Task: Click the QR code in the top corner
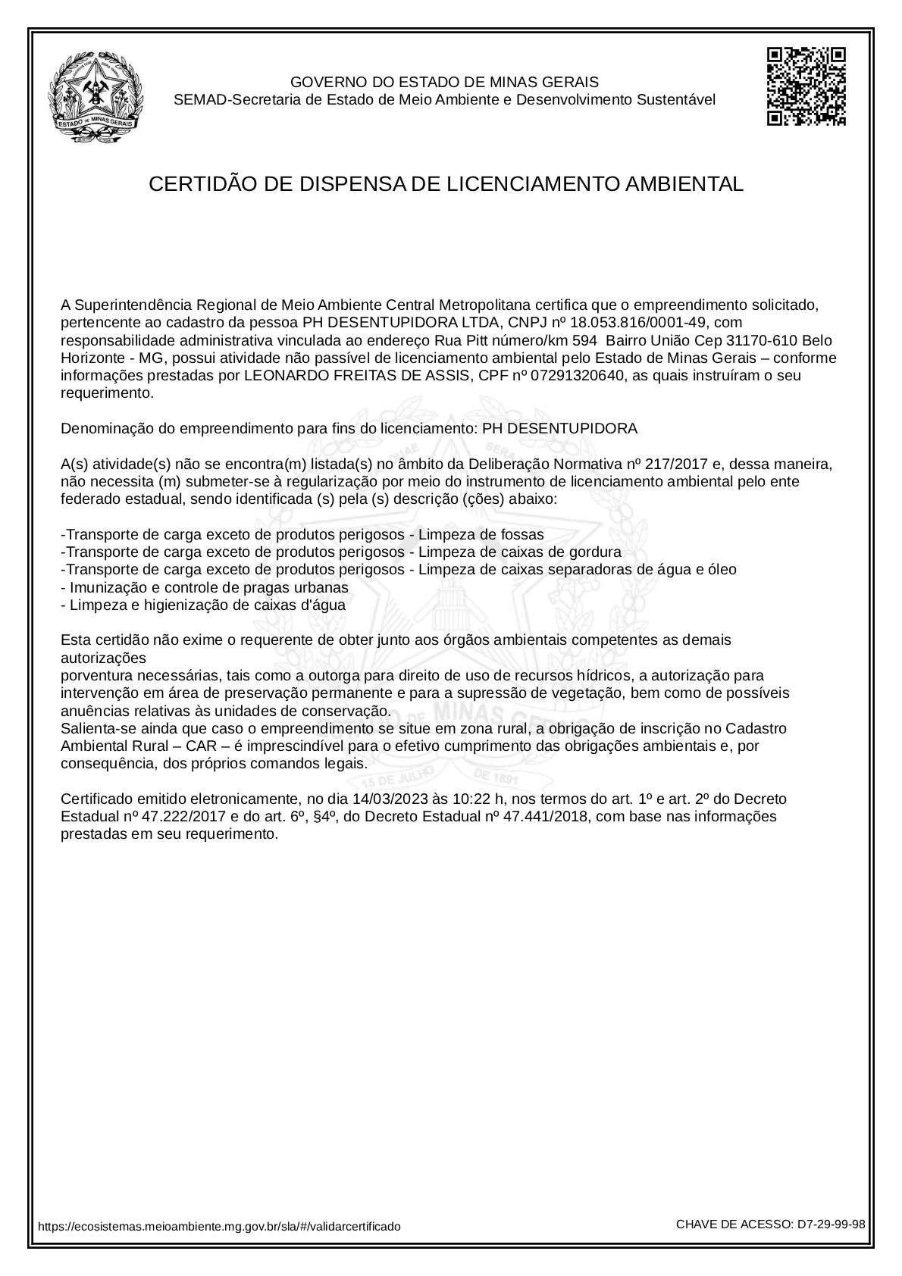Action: click(x=806, y=86)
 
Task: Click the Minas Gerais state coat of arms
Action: click(x=96, y=96)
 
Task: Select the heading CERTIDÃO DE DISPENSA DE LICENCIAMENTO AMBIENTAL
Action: click(x=446, y=184)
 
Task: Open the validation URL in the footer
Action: click(x=219, y=1226)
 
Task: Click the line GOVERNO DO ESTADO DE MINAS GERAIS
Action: click(x=445, y=82)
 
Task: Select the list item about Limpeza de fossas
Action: click(x=302, y=534)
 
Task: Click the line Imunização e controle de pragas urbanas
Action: click(x=205, y=587)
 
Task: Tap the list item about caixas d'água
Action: click(x=203, y=605)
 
